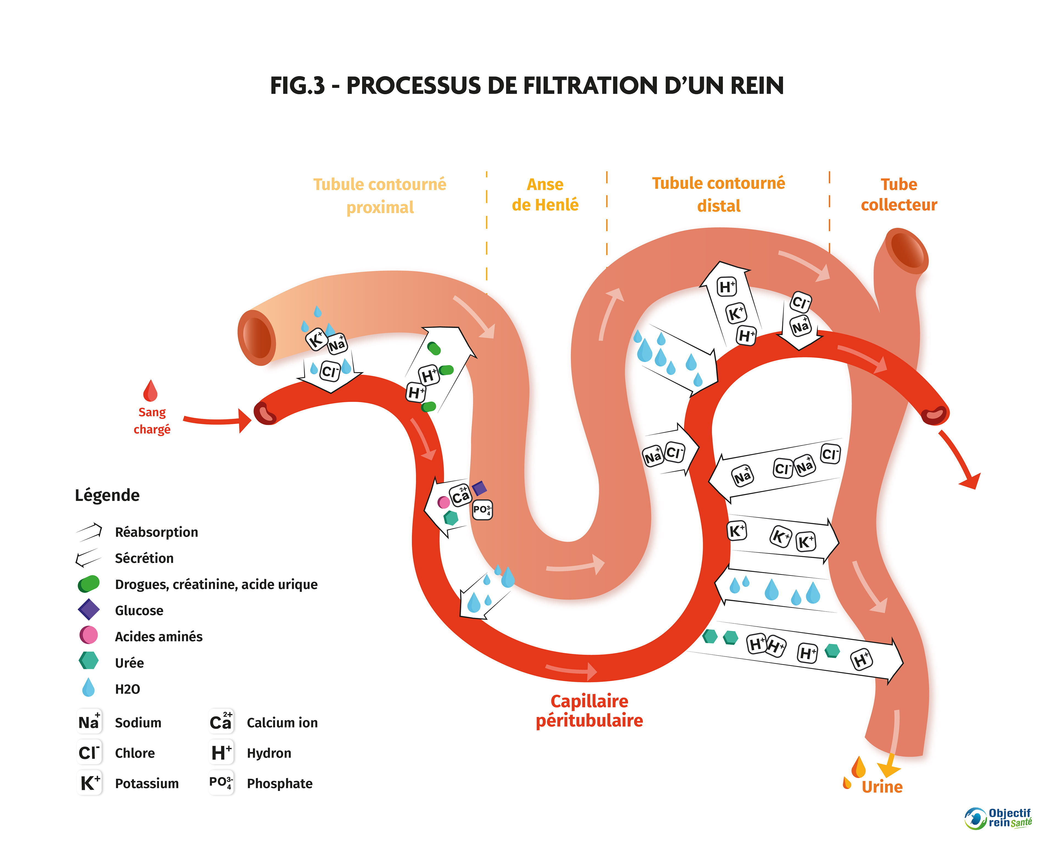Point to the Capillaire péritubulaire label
589,711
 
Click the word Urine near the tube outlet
882,787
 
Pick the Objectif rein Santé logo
998,818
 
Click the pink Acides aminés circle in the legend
88,635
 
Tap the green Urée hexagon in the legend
88,661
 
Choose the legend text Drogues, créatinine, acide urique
216,584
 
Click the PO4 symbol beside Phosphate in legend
221,782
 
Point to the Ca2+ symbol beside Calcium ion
221,722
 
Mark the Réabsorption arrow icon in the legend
88,532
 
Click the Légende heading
107,495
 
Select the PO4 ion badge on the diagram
482,510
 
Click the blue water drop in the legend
88,687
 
